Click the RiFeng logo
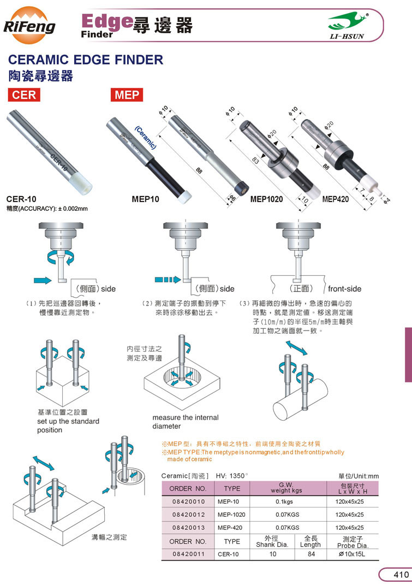coord(29,25)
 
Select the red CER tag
coord(24,95)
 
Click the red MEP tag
coord(127,95)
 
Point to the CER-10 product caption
coord(21,199)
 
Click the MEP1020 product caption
coord(266,199)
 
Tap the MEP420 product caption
coord(336,199)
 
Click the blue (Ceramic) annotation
coord(146,138)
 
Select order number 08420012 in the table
coord(189,515)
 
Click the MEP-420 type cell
coord(230,528)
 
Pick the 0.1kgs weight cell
coord(284,502)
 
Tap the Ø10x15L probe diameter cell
coord(352,554)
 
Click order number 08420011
coord(189,554)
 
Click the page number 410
coord(401,575)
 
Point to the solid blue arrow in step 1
coord(43,280)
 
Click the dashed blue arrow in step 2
coord(168,280)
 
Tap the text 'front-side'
coord(345,288)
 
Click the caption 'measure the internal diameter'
coord(186,422)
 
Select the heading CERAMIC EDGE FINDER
coord(86,60)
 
